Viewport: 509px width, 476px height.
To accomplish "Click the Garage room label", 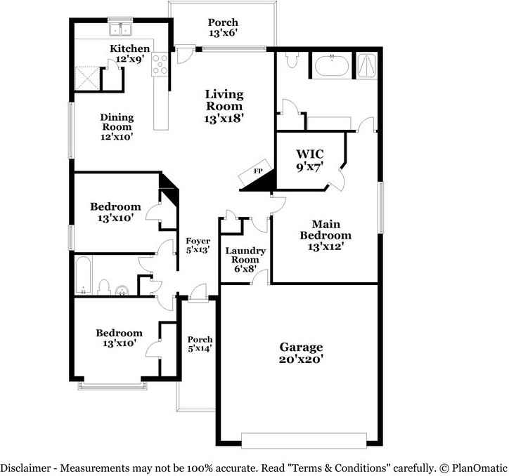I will pyautogui.click(x=301, y=352).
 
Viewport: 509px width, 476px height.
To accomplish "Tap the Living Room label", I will pyautogui.click(x=224, y=106).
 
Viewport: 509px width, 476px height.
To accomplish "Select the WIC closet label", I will pyautogui.click(x=309, y=159).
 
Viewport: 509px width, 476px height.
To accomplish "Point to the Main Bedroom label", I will pyautogui.click(x=325, y=235).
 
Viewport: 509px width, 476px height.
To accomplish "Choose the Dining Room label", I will pyautogui.click(x=117, y=127).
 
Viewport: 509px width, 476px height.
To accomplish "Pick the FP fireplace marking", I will pyautogui.click(x=258, y=172).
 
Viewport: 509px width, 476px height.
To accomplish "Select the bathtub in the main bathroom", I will pyautogui.click(x=331, y=67).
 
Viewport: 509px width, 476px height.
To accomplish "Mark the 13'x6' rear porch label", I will pyautogui.click(x=223, y=27).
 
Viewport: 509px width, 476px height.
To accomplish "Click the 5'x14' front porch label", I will pyautogui.click(x=200, y=343).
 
